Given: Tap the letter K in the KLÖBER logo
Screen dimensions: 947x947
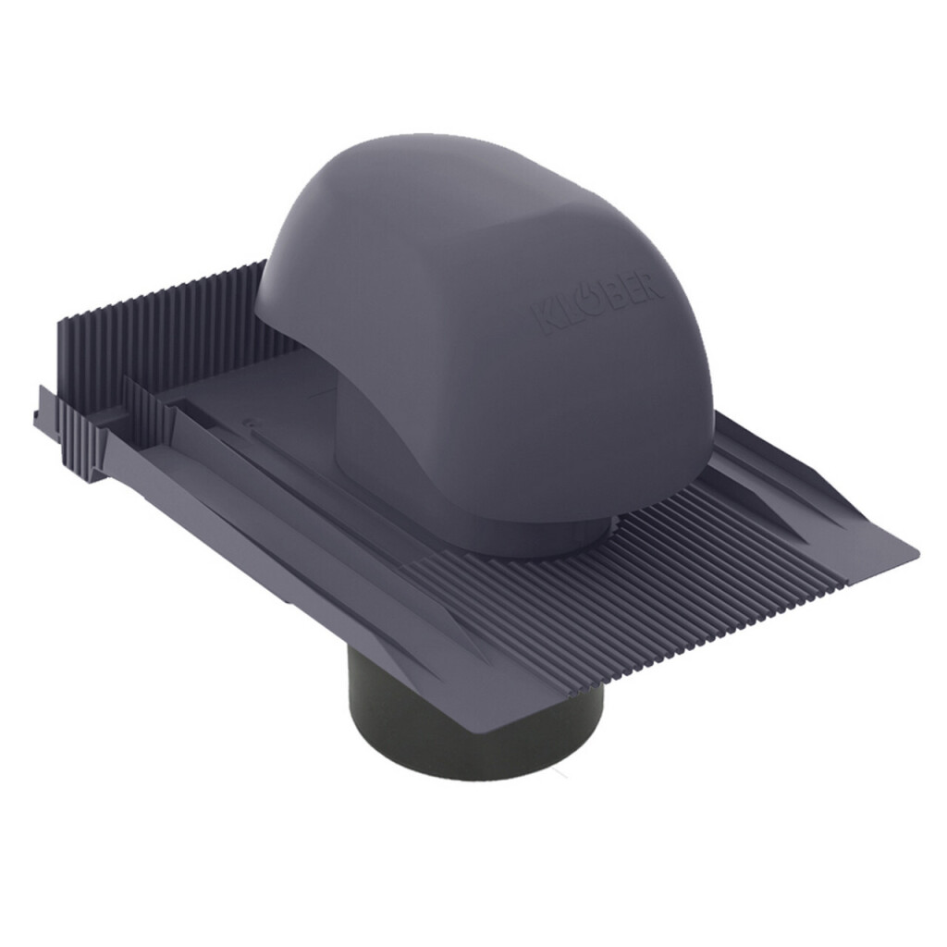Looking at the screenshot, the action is coord(542,321).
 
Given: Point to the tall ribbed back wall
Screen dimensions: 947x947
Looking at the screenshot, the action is coord(163,320).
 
